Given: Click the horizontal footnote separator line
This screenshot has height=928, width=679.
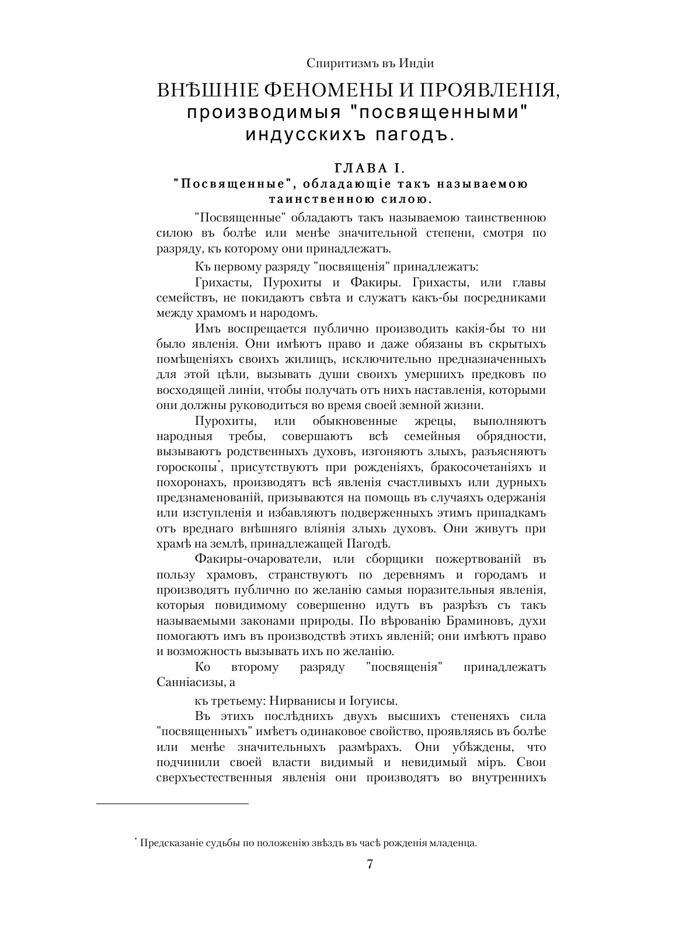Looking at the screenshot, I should [172, 804].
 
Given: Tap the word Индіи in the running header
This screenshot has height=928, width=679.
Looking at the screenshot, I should [416, 63].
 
